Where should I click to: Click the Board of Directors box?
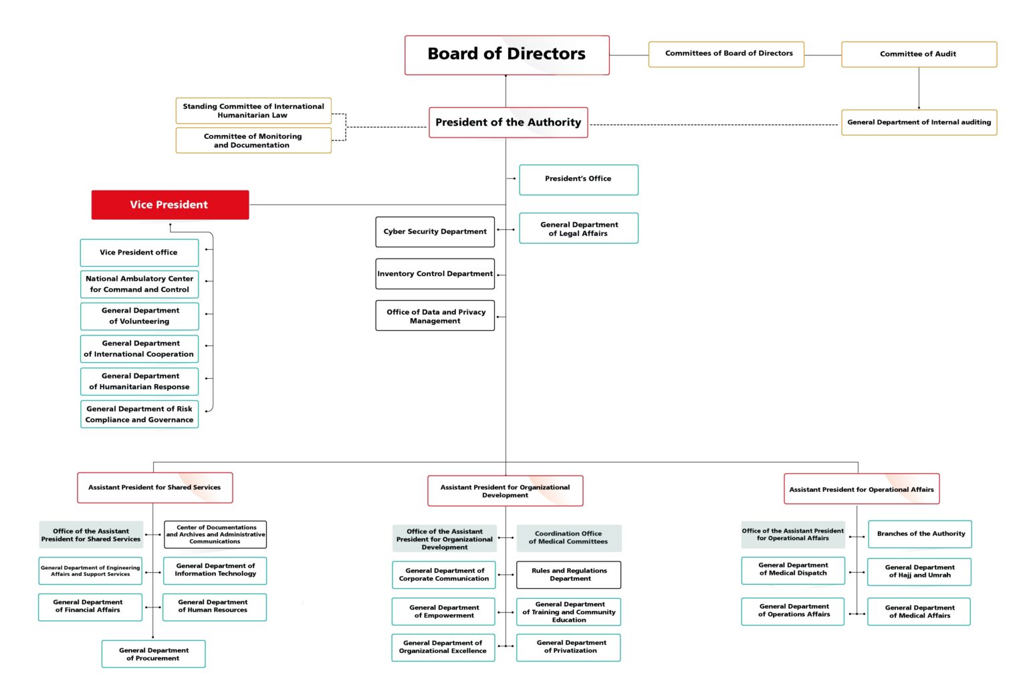tap(507, 55)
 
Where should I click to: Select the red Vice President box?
tap(170, 204)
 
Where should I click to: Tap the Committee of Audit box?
tap(918, 54)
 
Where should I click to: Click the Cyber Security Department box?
tap(435, 232)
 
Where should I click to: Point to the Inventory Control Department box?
tap(435, 274)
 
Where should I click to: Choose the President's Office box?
tap(578, 179)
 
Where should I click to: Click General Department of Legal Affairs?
tap(578, 229)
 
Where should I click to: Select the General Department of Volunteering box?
tap(140, 316)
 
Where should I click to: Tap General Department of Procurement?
tap(153, 654)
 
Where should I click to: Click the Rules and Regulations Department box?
tap(569, 575)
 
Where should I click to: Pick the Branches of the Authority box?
tap(920, 534)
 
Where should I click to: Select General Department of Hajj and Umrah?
tap(919, 571)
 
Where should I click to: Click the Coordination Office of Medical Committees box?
tap(568, 538)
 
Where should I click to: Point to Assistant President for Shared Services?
tap(154, 488)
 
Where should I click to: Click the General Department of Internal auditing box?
tap(919, 122)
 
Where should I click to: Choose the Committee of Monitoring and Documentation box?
tap(253, 140)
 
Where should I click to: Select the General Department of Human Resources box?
tap(214, 607)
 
